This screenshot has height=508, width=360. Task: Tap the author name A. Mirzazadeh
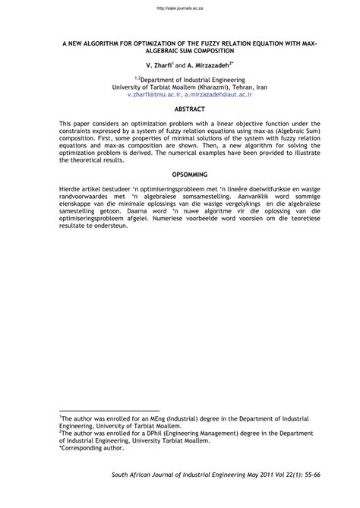click(207, 67)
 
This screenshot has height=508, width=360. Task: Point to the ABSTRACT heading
click(180, 110)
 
